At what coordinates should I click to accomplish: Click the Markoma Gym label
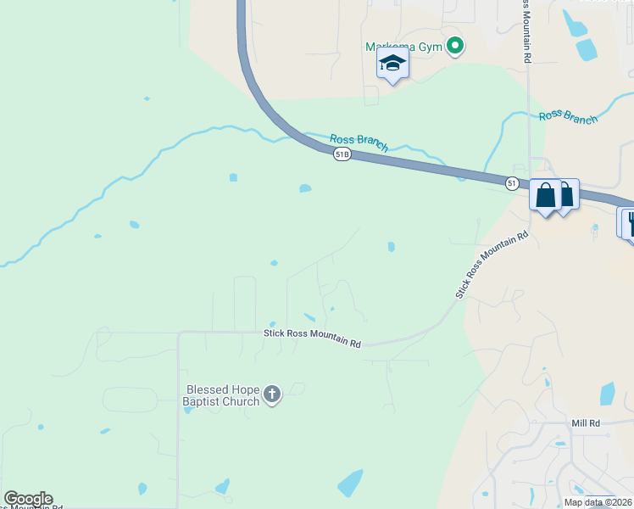point(403,47)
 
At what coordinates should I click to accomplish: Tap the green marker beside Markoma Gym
point(455,47)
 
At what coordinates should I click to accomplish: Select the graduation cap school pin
point(392,64)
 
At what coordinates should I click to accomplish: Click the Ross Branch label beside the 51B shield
point(359,142)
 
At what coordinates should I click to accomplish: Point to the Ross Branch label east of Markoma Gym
point(568,118)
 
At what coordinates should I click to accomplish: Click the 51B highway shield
point(342,154)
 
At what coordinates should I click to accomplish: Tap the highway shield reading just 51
point(512,183)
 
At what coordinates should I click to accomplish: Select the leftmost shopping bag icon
point(546,195)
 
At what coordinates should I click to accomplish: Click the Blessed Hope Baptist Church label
point(223,395)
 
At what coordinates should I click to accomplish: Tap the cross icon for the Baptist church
point(271,394)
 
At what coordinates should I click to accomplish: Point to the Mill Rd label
point(586,422)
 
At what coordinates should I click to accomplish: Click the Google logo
point(28,499)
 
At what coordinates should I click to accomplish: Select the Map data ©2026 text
point(598,502)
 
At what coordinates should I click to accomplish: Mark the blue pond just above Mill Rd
point(607,394)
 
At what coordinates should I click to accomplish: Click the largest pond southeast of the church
point(350,483)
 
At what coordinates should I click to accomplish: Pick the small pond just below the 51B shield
point(305,188)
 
